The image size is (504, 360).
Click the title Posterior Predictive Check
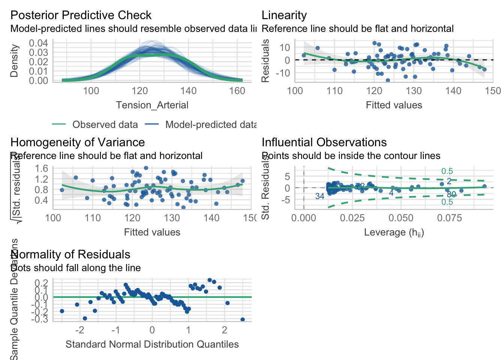(81, 15)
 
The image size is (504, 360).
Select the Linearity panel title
(284, 15)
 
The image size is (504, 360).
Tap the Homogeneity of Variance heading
(77, 142)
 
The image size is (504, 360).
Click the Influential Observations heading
(324, 142)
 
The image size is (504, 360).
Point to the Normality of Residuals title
(70, 254)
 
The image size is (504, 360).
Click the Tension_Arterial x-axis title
(152, 105)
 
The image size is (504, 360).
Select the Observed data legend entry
(105, 124)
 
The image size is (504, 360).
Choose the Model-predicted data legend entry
(211, 124)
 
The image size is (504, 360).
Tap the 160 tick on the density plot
(237, 91)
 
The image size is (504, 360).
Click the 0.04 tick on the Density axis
(39, 43)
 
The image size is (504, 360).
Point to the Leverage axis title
(394, 232)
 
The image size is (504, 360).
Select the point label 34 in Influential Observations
(319, 196)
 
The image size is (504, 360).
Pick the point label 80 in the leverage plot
(451, 194)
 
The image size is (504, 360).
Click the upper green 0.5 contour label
(447, 171)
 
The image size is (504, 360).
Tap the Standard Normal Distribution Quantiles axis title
(152, 344)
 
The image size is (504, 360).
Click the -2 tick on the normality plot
(79, 330)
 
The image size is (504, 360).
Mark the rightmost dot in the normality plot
(243, 319)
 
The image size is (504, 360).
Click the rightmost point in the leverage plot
(484, 186)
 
